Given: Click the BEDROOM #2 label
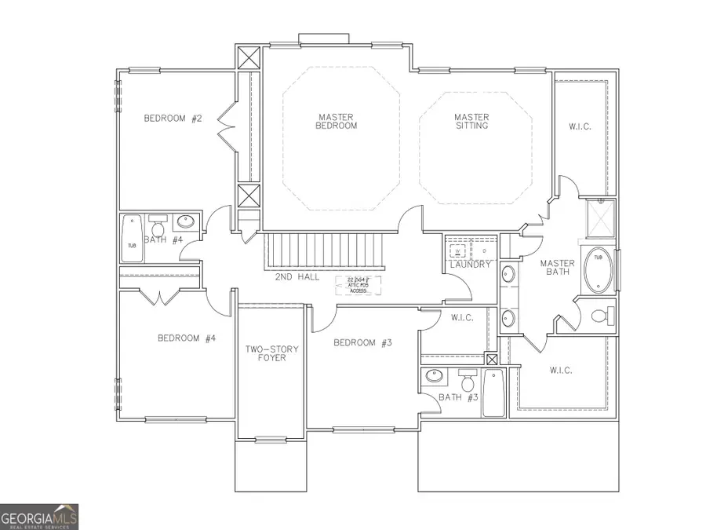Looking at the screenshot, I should point(173,119).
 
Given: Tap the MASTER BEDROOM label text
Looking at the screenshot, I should point(337,121).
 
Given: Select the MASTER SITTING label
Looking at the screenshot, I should point(471,121).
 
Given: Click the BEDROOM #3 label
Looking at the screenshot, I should point(362,342).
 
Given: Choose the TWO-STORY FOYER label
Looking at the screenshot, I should point(266,353).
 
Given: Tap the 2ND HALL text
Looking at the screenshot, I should point(297,277).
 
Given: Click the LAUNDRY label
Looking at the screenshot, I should point(470,265).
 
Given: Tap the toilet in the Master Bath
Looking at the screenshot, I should point(600,316).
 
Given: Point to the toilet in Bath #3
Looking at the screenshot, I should point(468,382).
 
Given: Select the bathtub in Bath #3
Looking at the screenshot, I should point(493,393).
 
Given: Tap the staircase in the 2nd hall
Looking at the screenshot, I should point(326,250).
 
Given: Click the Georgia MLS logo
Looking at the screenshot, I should point(39,516).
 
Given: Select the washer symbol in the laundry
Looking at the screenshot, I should point(457,251).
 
